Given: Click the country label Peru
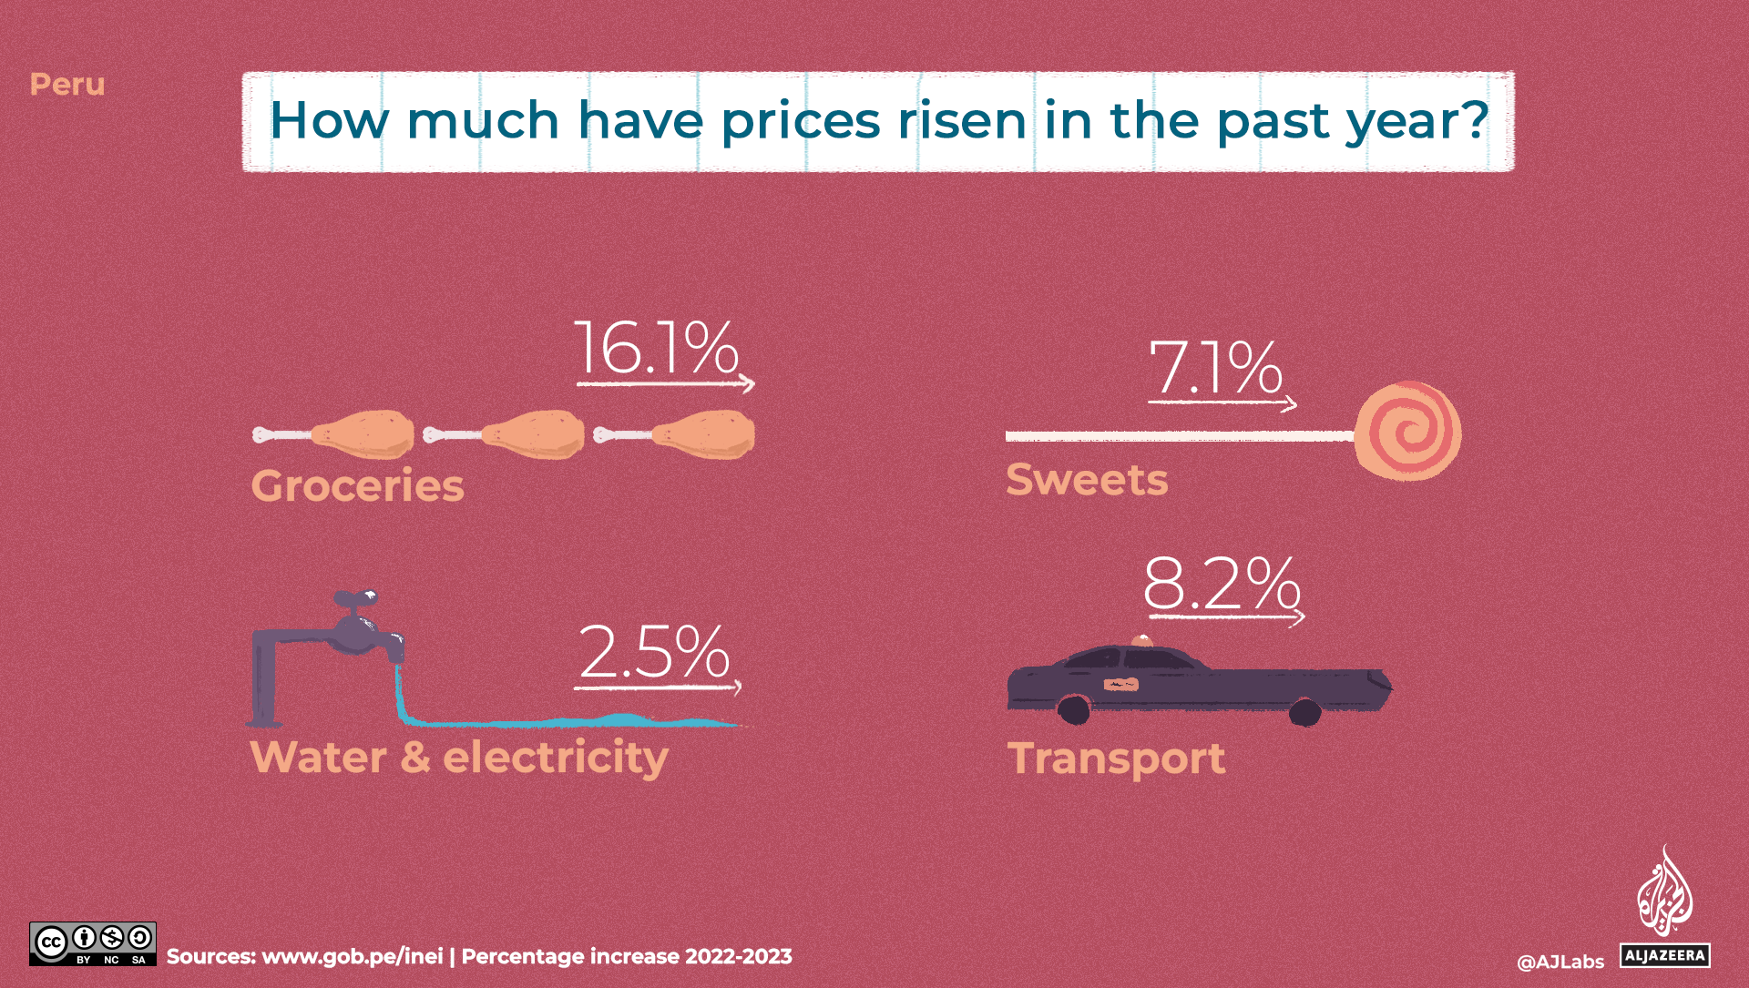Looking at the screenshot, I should [67, 85].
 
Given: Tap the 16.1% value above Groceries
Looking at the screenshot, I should [656, 348].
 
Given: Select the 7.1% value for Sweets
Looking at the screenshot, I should [1215, 369].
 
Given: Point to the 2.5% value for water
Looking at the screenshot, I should [654, 652].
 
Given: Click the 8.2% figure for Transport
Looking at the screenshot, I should [1221, 584].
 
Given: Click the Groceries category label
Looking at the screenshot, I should [357, 485].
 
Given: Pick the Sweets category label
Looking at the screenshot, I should [1086, 480].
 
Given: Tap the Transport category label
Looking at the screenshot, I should [1116, 759].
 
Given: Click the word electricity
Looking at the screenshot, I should [556, 759].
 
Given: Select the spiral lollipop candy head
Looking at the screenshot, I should [1407, 432].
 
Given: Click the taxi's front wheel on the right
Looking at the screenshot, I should [1305, 711].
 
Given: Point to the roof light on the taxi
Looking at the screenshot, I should [1141, 641].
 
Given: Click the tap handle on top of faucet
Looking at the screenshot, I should [355, 598].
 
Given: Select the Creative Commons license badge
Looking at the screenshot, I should [92, 943].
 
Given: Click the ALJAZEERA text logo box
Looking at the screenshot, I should [1664, 955].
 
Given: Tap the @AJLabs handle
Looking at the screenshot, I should [1560, 962].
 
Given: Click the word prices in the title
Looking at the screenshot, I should [800, 121].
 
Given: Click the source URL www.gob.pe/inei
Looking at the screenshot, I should [352, 956].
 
